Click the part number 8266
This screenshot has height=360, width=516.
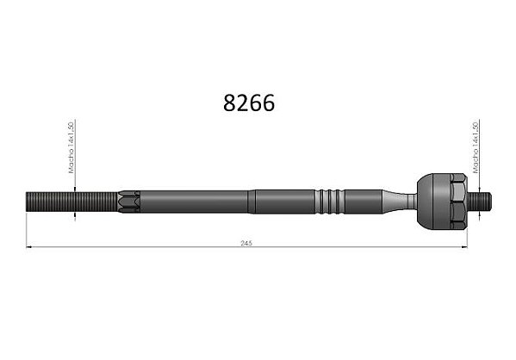click(x=249, y=103)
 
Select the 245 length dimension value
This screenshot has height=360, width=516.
click(x=246, y=243)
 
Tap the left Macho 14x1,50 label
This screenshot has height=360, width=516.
click(x=71, y=147)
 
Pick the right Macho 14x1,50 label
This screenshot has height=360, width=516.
click(x=476, y=147)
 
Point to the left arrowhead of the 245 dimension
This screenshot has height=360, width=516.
click(x=28, y=246)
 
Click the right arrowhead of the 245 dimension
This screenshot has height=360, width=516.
click(x=464, y=246)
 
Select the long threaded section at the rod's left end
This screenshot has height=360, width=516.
click(x=71, y=202)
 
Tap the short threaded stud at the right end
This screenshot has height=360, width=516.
click(x=480, y=202)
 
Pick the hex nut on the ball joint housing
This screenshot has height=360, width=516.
click(x=459, y=201)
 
